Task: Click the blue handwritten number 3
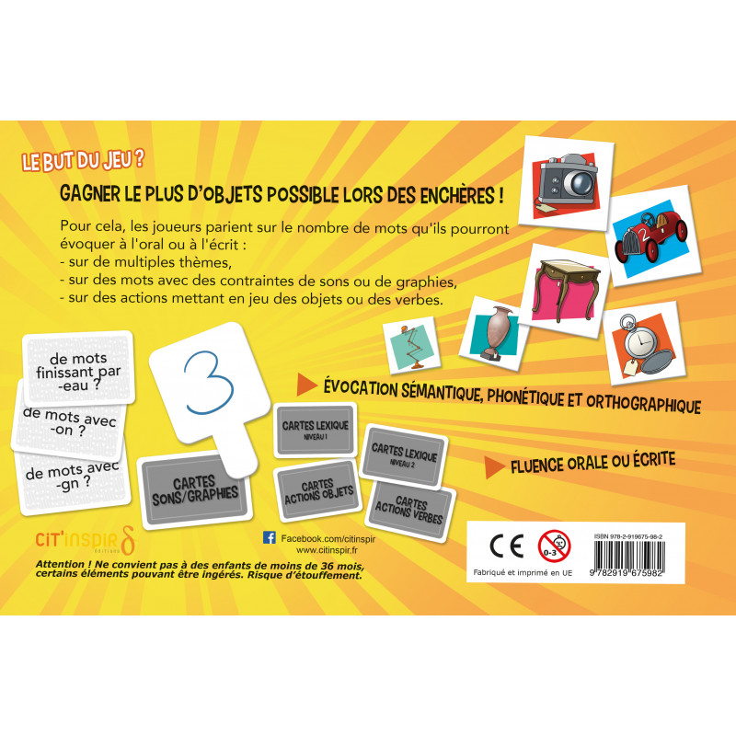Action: click(209, 383)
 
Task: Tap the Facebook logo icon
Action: click(270, 537)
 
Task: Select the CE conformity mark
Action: click(507, 546)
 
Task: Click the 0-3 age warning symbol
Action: click(555, 546)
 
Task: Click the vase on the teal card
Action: click(496, 332)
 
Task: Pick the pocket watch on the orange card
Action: click(643, 345)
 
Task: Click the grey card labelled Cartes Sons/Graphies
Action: click(194, 490)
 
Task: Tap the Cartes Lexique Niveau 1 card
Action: click(315, 430)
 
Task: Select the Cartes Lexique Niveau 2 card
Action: click(404, 455)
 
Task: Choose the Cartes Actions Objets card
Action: click(318, 492)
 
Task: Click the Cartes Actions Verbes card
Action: click(409, 511)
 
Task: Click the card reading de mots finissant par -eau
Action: click(78, 369)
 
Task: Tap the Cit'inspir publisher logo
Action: click(86, 540)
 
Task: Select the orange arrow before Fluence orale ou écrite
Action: click(494, 467)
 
